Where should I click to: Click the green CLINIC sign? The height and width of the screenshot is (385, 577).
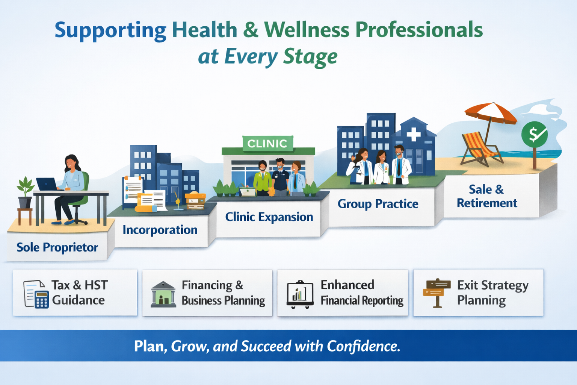tap(267, 144)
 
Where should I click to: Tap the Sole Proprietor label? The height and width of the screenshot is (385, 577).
tap(57, 247)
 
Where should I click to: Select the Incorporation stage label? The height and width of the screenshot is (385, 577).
tap(160, 230)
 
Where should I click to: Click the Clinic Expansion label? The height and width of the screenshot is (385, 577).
tap(269, 217)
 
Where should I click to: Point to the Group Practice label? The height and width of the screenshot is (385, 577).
tap(378, 204)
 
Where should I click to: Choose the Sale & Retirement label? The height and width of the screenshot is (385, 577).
tap(486, 196)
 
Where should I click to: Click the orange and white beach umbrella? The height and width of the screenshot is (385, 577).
tap(490, 113)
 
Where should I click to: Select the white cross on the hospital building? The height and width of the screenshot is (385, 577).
tap(413, 134)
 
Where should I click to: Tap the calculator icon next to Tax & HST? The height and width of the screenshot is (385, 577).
tap(42, 300)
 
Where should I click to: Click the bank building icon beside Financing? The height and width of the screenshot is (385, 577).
tap(163, 294)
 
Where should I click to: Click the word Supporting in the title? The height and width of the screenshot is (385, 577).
tap(110, 31)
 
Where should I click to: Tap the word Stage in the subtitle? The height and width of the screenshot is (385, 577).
tap(310, 57)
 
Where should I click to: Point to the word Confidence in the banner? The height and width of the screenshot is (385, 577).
tap(363, 346)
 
